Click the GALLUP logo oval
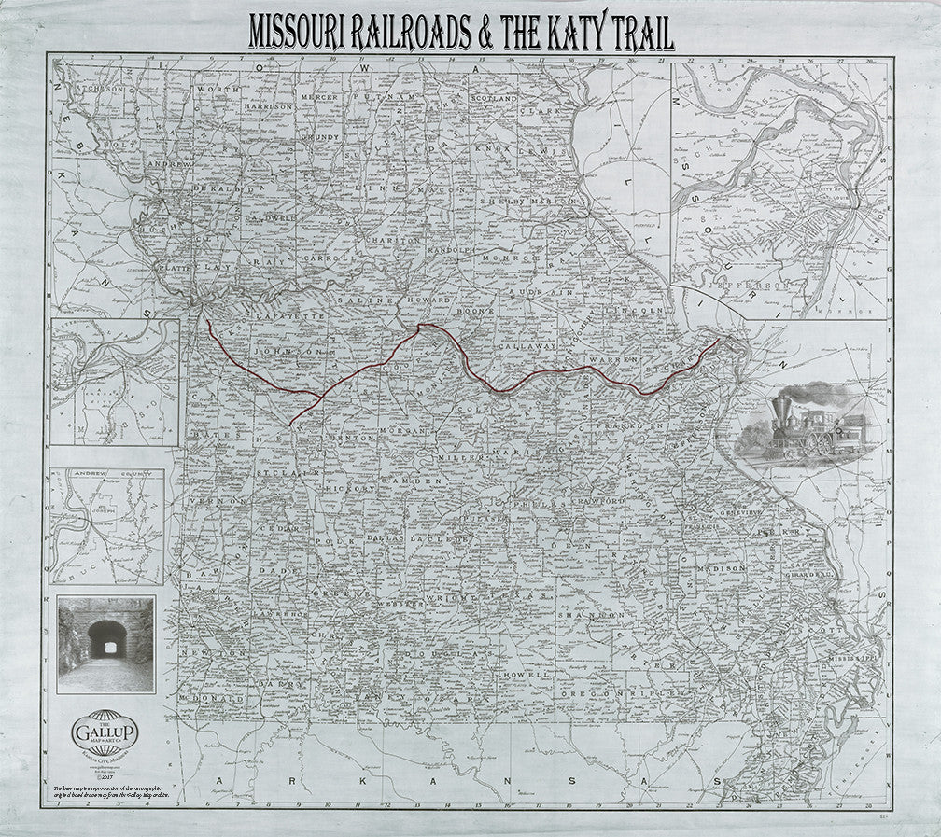pyautogui.click(x=105, y=733)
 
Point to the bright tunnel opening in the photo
pyautogui.click(x=106, y=636)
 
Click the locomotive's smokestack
pyautogui.click(x=780, y=407)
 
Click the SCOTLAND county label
pyautogui.click(x=493, y=97)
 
